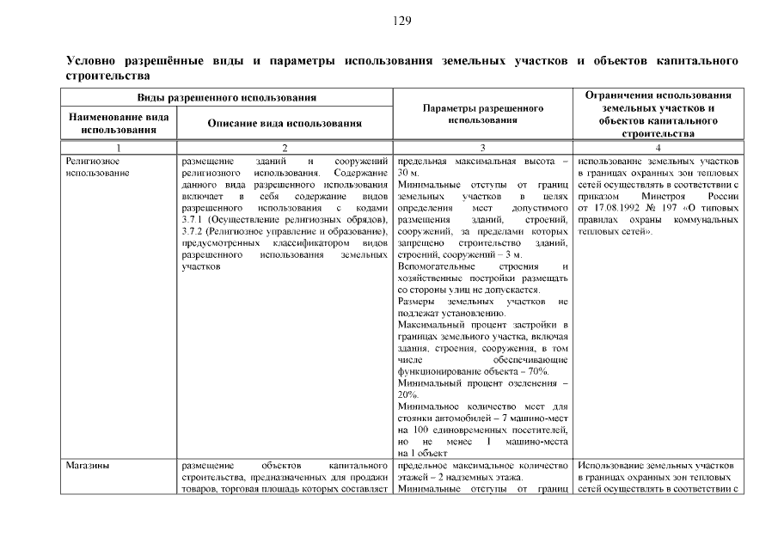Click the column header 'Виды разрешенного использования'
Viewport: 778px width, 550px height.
click(x=228, y=97)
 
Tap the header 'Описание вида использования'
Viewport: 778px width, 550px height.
click(x=285, y=123)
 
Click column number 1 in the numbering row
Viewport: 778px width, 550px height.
click(x=119, y=148)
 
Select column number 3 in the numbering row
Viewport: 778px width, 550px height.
click(x=483, y=148)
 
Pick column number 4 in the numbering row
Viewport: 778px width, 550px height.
click(x=657, y=148)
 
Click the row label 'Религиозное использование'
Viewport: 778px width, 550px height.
click(x=92, y=167)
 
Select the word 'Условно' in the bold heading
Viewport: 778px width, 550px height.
click(x=91, y=63)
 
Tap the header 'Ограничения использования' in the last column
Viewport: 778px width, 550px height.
click(x=659, y=95)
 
